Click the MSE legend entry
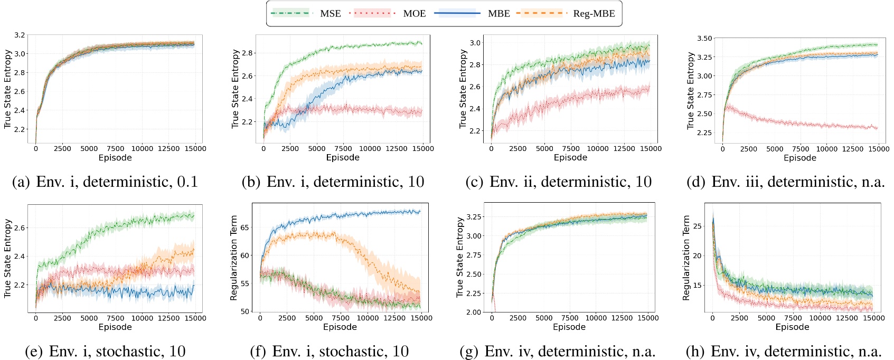click(330, 13)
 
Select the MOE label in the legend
click(414, 13)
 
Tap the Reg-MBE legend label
click(594, 13)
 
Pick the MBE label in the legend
click(498, 13)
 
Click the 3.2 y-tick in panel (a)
click(20, 35)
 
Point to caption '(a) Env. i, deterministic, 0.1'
click(105, 182)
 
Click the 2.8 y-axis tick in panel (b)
click(248, 53)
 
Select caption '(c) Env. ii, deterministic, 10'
click(558, 182)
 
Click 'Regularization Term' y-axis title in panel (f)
click(234, 258)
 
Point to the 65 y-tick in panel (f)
click(244, 228)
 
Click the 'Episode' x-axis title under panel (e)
click(115, 327)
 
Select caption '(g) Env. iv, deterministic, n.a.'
click(570, 352)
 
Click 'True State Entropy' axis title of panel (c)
click(463, 89)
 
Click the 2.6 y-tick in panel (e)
click(20, 228)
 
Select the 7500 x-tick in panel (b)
click(343, 149)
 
